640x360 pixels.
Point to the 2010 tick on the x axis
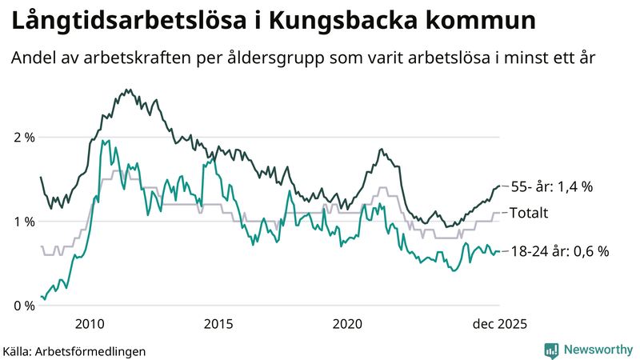(89, 323)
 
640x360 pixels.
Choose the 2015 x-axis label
(218, 323)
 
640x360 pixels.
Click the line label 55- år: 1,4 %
(551, 186)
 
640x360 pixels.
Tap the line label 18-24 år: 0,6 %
(559, 251)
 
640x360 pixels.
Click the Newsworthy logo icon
(551, 350)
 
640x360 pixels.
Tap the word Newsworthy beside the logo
(597, 350)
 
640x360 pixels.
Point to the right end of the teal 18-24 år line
(499, 251)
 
